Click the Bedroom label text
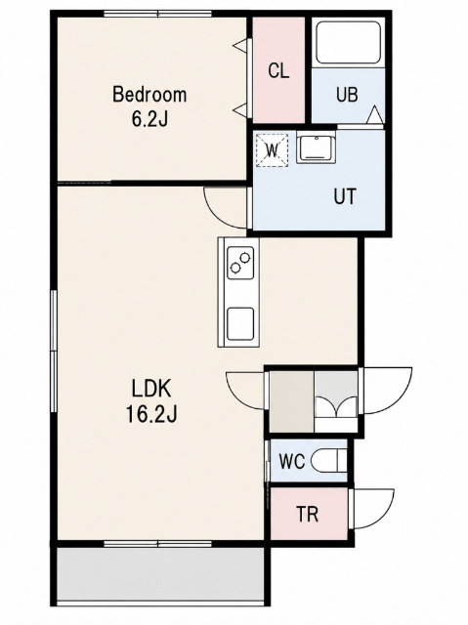pos(149,95)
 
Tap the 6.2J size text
pos(149,118)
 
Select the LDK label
pos(151,389)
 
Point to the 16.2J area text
pos(151,414)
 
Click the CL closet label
pos(278,71)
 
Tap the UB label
pos(347,95)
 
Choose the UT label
pos(345,196)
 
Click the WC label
pos(292,462)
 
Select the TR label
pos(308,515)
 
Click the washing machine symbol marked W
pos(272,150)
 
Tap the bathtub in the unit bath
pos(348,42)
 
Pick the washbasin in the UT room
pos(317,148)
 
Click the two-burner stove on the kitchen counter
pos(240,263)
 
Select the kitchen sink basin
pos(240,323)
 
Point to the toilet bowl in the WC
pos(329,462)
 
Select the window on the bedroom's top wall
pos(158,14)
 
